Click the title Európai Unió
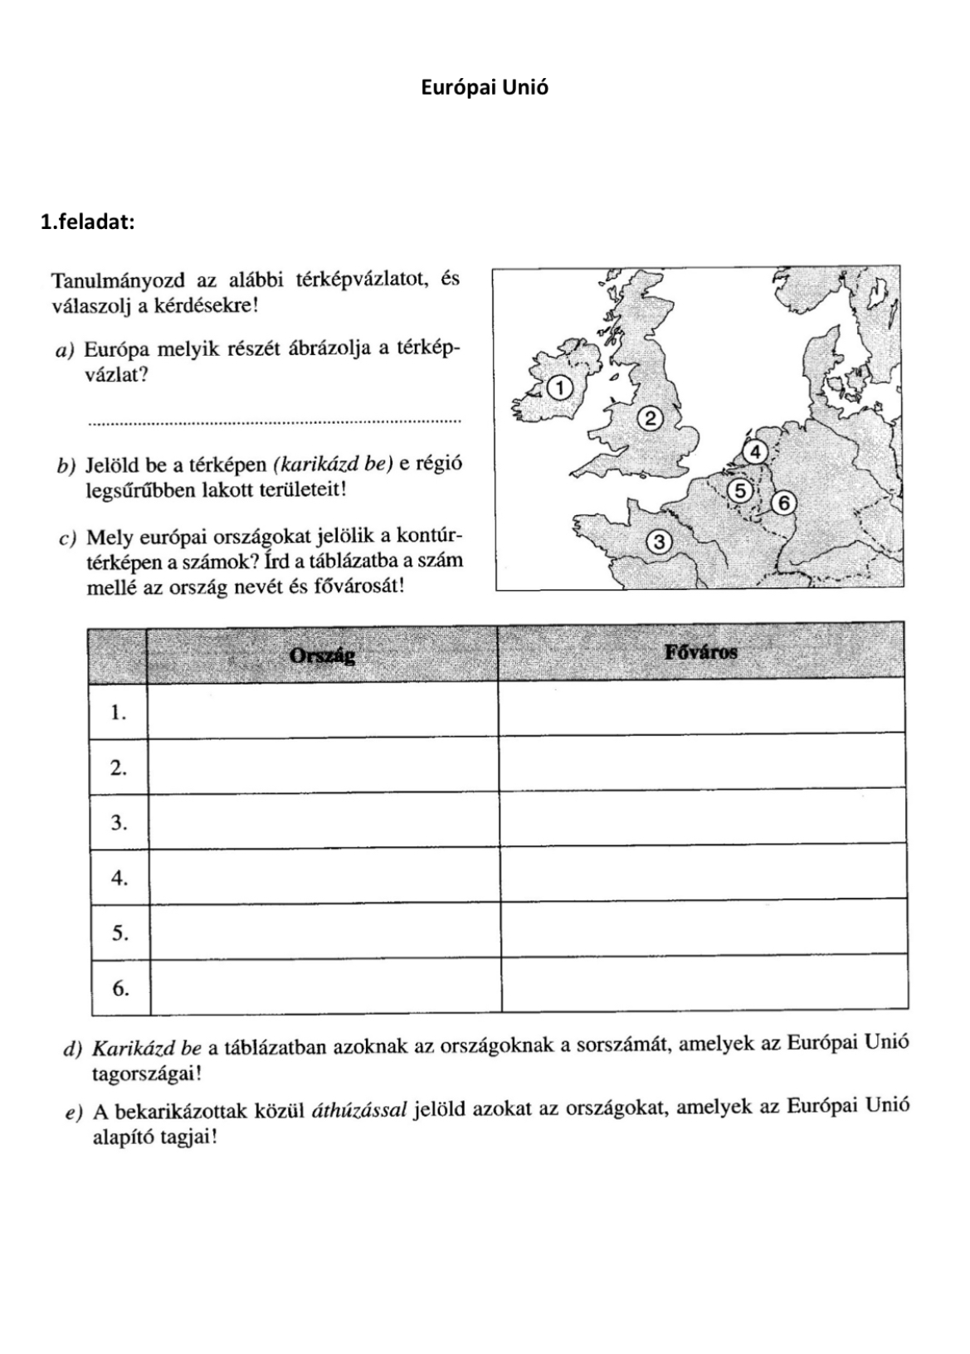coord(485,87)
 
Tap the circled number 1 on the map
coord(560,387)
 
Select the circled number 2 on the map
coord(651,418)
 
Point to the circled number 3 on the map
coord(659,543)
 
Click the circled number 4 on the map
coord(755,452)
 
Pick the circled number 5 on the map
coord(740,490)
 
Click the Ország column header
coord(322,655)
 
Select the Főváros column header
coord(700,652)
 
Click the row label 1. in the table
coord(119,713)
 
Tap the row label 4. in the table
coord(119,878)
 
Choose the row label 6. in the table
coord(120,988)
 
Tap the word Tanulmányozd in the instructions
coord(118,280)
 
